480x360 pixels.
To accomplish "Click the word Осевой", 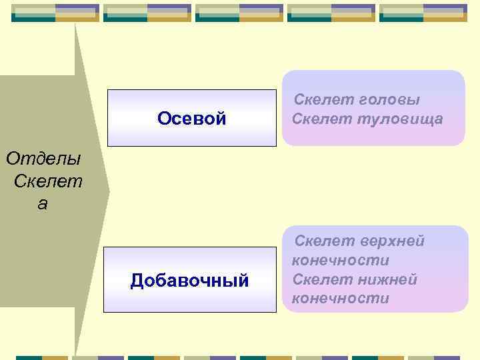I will [x=191, y=119].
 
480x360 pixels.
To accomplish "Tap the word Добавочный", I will [x=190, y=281].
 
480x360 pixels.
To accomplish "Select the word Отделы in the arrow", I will [x=43, y=159].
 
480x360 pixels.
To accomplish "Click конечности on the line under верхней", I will [x=340, y=259].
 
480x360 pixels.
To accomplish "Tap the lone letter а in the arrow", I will [x=43, y=204].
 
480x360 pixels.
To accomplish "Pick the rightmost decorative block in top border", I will [x=423, y=13].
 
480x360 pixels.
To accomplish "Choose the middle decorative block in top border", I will [x=239, y=13].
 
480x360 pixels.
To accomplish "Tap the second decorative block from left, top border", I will [x=147, y=13].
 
